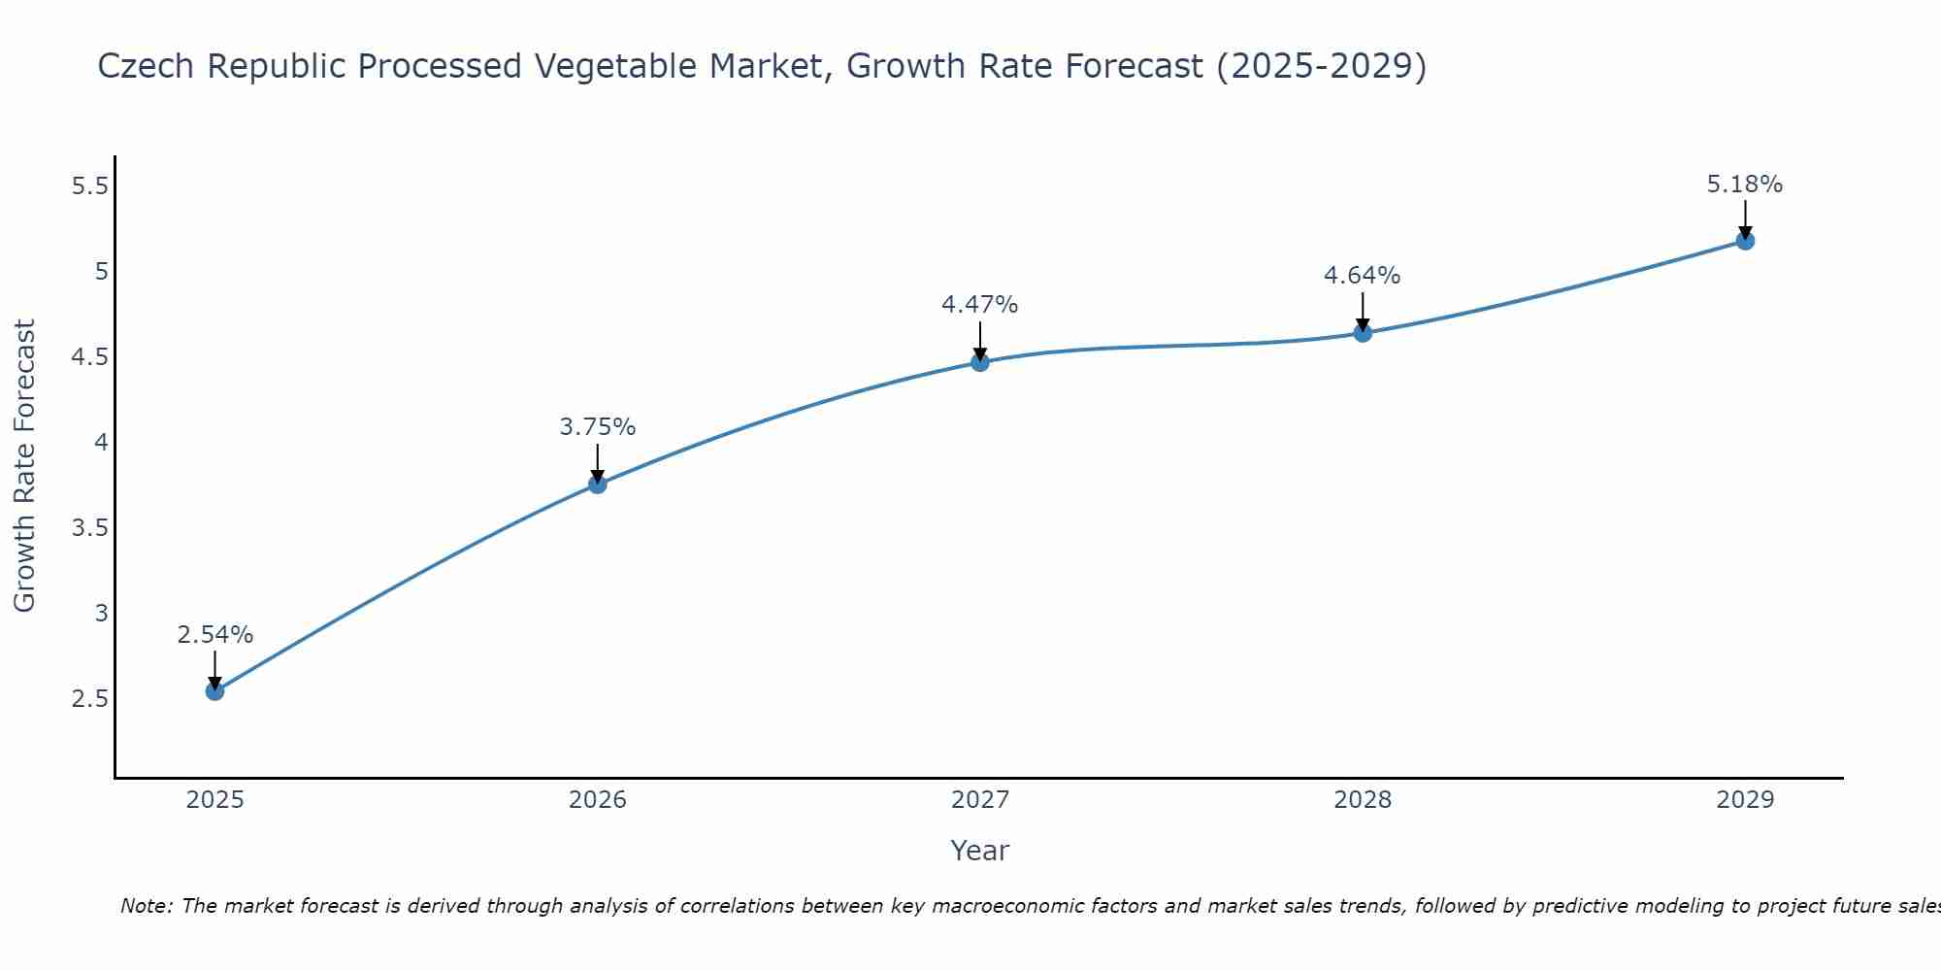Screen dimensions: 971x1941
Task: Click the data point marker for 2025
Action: coord(214,691)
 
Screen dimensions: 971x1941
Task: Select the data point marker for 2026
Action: coord(598,484)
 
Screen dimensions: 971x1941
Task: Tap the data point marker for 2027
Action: coord(980,362)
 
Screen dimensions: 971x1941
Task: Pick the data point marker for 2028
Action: coord(1363,333)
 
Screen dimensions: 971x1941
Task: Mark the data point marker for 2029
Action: coord(1745,241)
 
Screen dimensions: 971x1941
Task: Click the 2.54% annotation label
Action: coord(214,635)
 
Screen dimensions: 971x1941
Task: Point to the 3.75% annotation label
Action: coord(598,427)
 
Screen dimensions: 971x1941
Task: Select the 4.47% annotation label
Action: coord(980,305)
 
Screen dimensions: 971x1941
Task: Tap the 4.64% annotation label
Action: coord(1363,276)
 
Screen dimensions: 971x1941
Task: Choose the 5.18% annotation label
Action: coord(1745,184)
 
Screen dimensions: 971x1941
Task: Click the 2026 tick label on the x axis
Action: coord(598,800)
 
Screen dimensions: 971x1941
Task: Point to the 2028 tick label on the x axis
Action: coord(1363,800)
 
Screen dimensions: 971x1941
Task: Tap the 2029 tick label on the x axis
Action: coord(1745,800)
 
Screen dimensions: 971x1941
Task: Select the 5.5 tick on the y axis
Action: coord(89,186)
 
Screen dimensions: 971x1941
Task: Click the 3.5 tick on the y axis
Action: coord(89,528)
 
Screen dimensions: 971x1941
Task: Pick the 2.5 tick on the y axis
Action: coord(89,699)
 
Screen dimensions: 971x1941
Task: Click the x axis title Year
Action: coord(980,851)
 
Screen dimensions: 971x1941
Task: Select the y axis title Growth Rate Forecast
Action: coord(25,466)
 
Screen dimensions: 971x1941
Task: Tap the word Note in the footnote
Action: coord(146,906)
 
